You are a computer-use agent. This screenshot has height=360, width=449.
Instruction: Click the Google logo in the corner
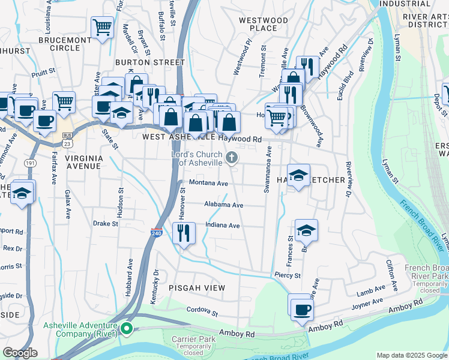19,353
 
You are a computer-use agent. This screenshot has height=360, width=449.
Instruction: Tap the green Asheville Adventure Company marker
127,328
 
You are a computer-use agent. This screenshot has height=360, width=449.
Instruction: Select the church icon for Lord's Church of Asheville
232,158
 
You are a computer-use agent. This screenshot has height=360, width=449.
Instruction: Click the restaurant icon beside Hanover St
184,232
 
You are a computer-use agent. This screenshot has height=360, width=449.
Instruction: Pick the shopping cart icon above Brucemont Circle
102,27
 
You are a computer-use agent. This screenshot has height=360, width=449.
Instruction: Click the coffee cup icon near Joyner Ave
302,309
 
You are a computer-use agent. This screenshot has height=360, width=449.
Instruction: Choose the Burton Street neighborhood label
150,62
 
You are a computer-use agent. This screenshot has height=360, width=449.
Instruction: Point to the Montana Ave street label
208,183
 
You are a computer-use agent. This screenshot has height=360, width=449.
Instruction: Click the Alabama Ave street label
223,205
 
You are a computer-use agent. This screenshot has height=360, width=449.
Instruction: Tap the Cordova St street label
201,311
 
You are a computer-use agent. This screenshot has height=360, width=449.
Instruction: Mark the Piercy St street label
287,275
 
